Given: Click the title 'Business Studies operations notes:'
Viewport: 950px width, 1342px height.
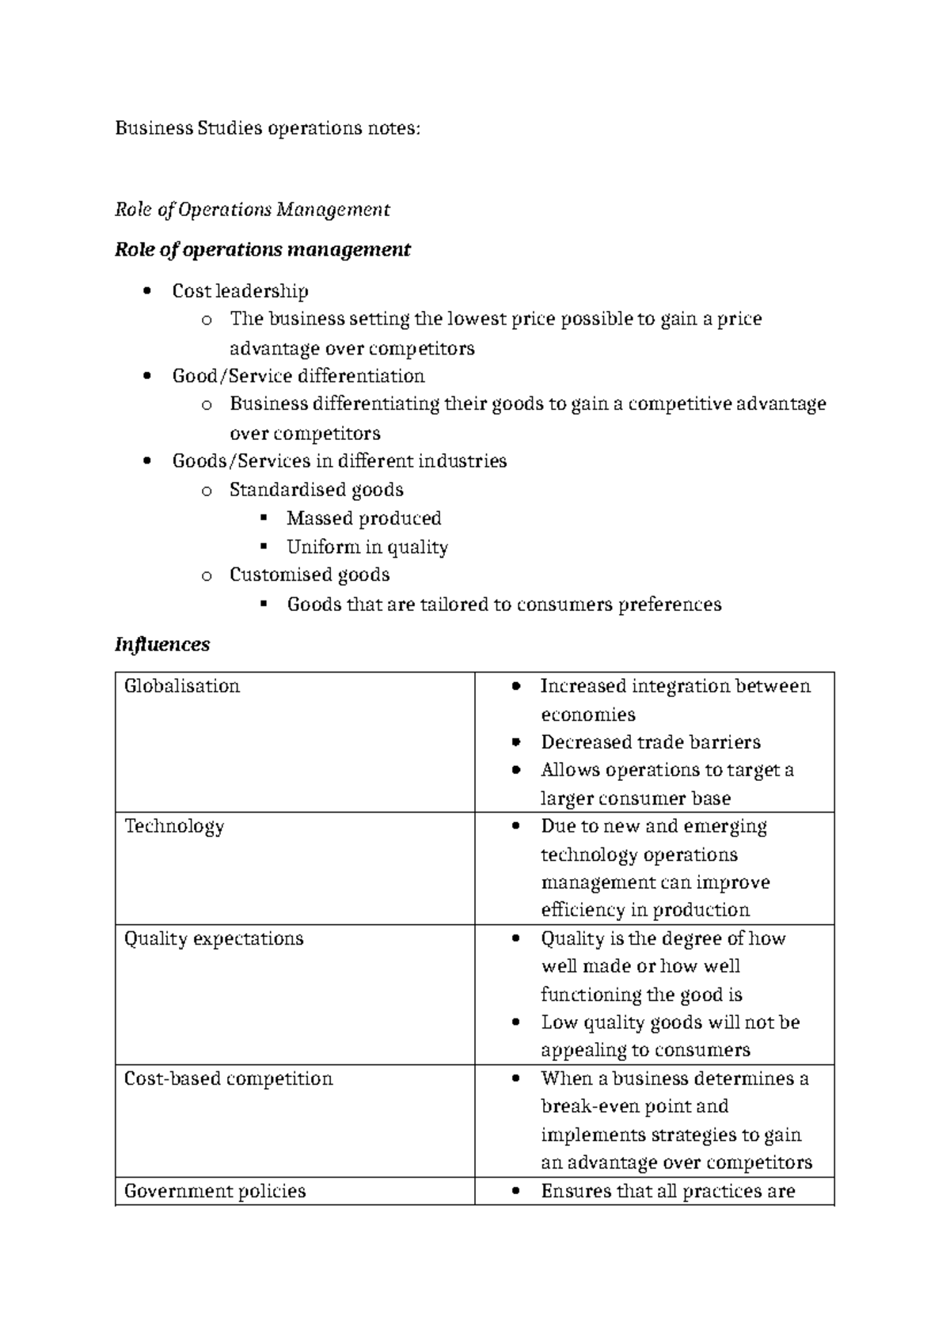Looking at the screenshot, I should [x=268, y=128].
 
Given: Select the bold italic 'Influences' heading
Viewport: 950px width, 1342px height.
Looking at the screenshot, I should [x=162, y=645].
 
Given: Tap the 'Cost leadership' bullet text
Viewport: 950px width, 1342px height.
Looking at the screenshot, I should [x=240, y=291].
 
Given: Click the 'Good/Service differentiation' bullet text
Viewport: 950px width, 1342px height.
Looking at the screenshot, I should [x=298, y=376].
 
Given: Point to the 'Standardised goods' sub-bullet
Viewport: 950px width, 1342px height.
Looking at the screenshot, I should [x=316, y=490].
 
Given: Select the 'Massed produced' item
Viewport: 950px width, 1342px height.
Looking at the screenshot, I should [x=363, y=518].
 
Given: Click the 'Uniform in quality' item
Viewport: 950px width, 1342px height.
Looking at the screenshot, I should [x=367, y=547].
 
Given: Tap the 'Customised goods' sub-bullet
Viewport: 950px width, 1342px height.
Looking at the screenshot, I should [x=309, y=574].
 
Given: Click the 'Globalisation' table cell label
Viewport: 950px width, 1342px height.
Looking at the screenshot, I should [x=182, y=686].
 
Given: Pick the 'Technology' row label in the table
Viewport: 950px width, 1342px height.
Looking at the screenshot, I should [x=174, y=826].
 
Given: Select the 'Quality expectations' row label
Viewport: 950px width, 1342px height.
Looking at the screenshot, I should [x=214, y=938].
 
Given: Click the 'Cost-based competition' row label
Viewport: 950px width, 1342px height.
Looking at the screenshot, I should [x=228, y=1079].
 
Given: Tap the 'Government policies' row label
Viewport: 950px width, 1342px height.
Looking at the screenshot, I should [x=215, y=1191].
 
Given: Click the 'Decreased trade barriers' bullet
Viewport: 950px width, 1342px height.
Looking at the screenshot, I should [x=650, y=742].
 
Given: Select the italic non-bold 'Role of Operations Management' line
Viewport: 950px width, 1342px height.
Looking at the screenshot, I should [x=252, y=210].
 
